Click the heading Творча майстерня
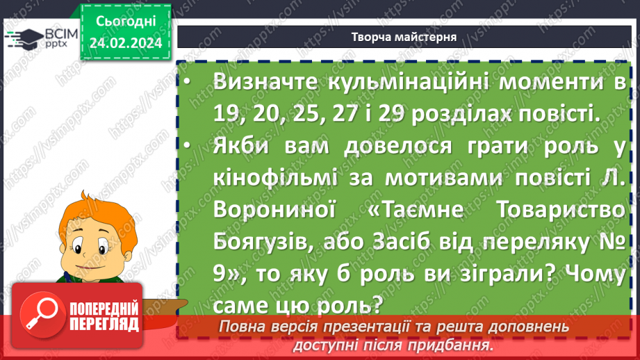coord(404,38)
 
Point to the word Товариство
coord(568,211)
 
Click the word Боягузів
coord(270,243)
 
